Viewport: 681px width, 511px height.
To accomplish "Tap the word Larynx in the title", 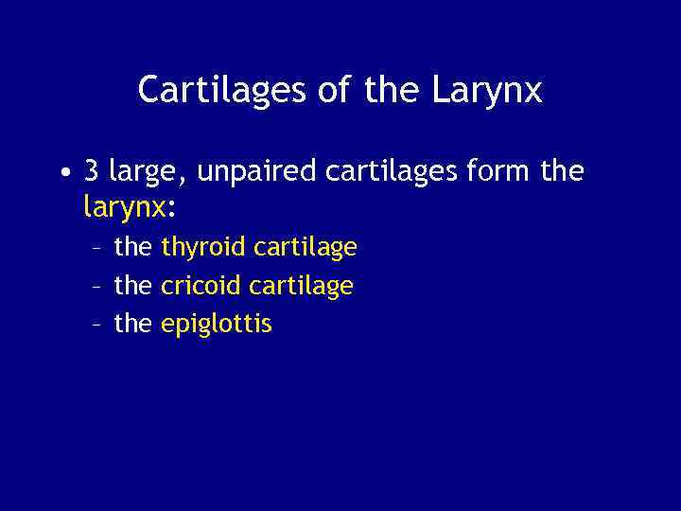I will (489, 91).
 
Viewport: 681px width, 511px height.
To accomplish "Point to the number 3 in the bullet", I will (92, 171).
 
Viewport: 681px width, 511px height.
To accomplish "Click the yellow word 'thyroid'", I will (203, 248).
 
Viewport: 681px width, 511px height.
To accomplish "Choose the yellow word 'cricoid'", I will (201, 286).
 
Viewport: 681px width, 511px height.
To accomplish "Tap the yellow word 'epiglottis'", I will (217, 325).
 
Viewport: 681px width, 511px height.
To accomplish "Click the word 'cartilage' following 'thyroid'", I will (305, 248).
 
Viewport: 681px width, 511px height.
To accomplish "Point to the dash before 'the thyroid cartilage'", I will (97, 249).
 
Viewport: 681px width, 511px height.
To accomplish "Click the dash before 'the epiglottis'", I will (97, 326).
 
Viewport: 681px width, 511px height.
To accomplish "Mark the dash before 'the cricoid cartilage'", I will (97, 287).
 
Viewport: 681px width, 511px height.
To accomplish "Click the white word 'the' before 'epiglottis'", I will (132, 324).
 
